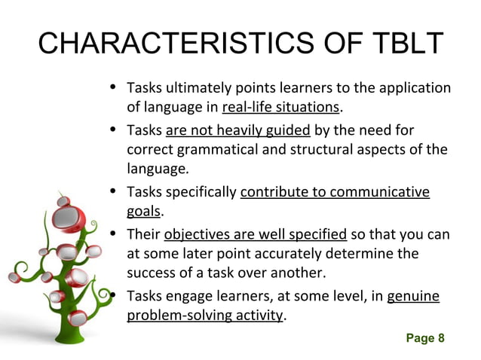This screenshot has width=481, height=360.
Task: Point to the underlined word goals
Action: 144,212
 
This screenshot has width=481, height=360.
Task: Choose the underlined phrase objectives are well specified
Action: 255,233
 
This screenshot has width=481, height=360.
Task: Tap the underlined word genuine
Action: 412,296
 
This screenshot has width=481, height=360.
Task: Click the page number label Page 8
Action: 425,338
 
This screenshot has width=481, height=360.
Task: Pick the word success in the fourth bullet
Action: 150,273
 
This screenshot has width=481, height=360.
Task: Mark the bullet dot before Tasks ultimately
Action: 112,87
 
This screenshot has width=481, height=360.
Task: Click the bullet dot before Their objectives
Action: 112,233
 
